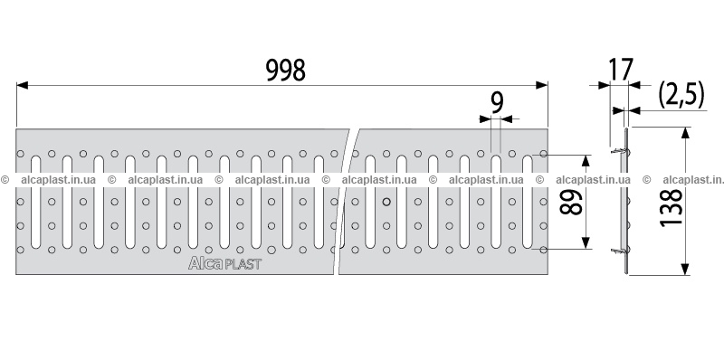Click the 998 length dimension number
tap(286, 71)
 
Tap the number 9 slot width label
tap(496, 103)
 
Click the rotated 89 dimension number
tap(571, 203)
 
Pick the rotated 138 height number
tap(672, 207)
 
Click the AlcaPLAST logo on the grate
tap(224, 263)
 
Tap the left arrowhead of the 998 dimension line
tap(22, 85)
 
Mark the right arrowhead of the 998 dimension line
tap(541, 85)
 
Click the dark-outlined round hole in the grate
tap(387, 201)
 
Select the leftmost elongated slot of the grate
tap(35, 202)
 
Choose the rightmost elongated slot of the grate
tap(528, 202)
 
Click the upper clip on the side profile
tap(618, 151)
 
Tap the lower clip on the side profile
tap(618, 251)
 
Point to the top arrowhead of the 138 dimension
tap(685, 133)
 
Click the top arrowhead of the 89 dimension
tap(586, 161)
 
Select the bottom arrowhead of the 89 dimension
tap(586, 243)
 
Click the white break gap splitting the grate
tap(346, 202)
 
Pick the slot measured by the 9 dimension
tap(496, 202)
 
